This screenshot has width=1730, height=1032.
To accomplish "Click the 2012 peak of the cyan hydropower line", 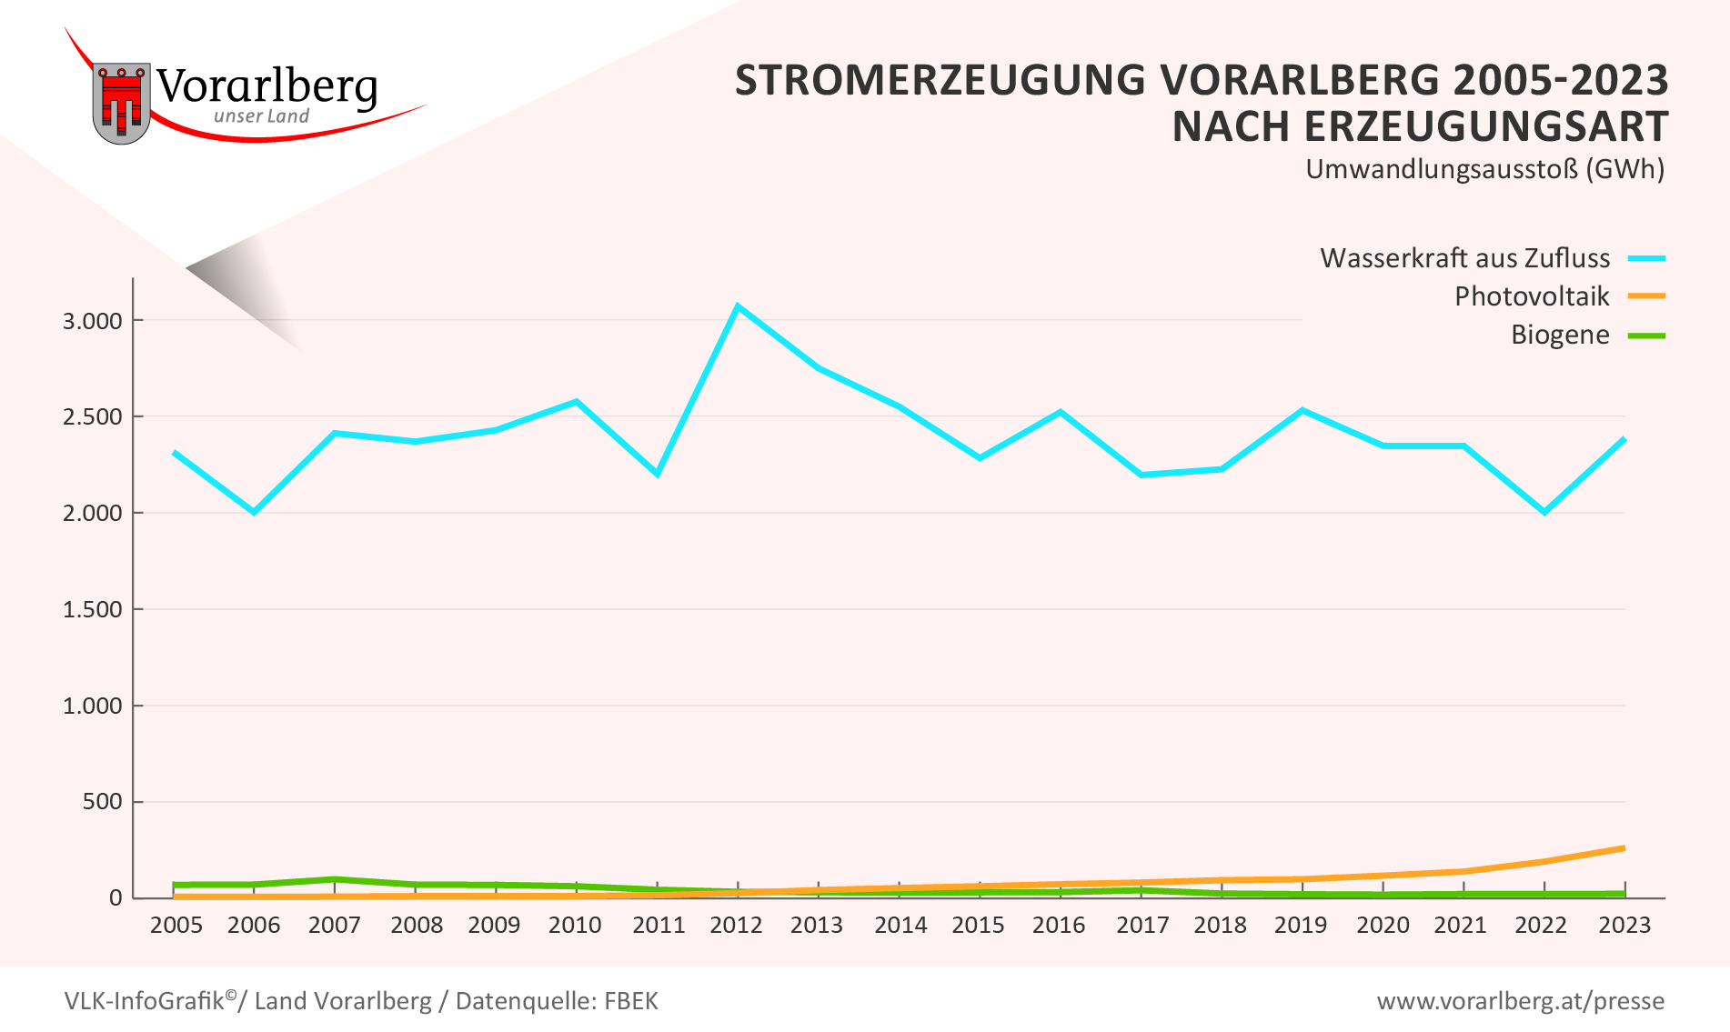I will point(738,306).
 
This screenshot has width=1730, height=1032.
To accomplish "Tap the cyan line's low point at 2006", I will point(255,512).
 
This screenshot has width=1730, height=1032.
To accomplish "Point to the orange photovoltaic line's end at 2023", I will point(1624,848).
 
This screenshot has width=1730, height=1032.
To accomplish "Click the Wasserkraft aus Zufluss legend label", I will point(1464,258).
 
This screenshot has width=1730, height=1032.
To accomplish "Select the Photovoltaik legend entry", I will point(1532,296).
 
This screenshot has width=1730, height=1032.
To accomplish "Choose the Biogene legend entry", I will point(1560,335).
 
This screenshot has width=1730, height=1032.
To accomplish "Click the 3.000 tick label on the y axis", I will point(92,321).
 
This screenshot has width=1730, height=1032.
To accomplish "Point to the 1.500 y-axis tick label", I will point(92,609).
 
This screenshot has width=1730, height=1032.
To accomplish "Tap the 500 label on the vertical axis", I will point(102,802).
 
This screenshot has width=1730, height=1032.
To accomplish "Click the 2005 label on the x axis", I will point(176,926).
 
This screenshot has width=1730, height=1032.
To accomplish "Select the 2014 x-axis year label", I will point(900,926).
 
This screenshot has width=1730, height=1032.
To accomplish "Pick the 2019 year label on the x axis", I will point(1300,926).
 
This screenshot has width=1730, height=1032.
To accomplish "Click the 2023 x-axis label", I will point(1624,926).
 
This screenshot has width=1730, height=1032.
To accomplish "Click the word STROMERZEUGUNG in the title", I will point(940,80).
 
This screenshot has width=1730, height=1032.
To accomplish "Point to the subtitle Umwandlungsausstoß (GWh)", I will point(1484,169).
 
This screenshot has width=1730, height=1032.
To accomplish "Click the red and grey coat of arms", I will point(121,102).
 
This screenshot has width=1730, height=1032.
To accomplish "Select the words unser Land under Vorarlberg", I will point(261,116).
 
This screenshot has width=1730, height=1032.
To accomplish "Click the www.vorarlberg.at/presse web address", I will point(1520,1001).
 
